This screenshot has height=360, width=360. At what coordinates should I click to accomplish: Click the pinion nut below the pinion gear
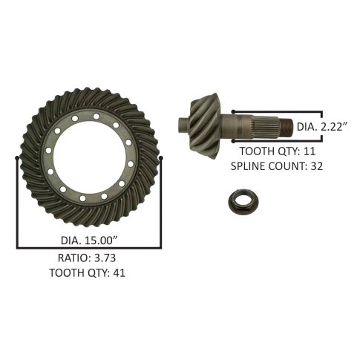[x=243, y=203]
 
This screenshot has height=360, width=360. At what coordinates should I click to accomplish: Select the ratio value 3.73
[x=105, y=258]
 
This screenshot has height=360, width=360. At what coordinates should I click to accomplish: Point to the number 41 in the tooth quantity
[x=119, y=273]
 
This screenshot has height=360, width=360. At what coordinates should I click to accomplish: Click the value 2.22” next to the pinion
[x=334, y=127]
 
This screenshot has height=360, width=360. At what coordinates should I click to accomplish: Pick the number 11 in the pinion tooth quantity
[x=310, y=151]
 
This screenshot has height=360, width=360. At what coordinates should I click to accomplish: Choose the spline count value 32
[x=317, y=166]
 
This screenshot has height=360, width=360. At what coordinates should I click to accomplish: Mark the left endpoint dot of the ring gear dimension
[x=17, y=157]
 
